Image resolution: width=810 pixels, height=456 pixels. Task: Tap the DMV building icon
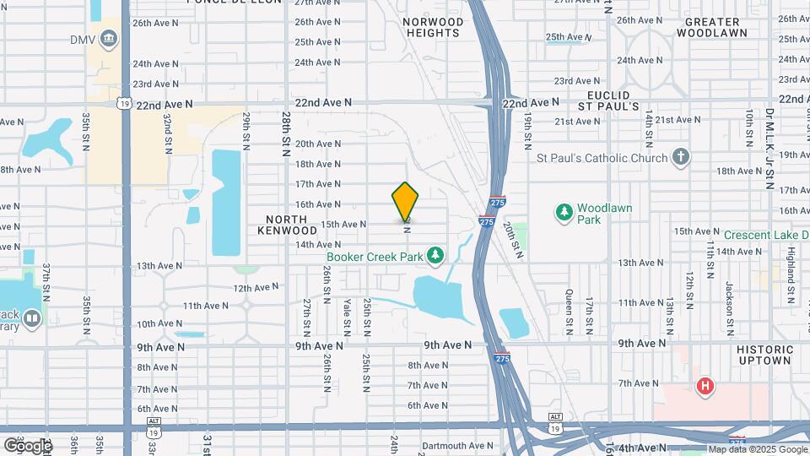pyautogui.click(x=109, y=39)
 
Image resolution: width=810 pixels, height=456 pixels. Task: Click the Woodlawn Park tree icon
pyautogui.click(x=563, y=210)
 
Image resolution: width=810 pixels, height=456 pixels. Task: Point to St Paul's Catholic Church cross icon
pyautogui.click(x=681, y=157)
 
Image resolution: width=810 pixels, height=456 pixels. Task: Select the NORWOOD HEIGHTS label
pyautogui.click(x=432, y=27)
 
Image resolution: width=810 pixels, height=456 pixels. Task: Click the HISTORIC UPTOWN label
pyautogui.click(x=764, y=355)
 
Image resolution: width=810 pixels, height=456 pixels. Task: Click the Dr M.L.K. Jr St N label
pyautogui.click(x=769, y=148)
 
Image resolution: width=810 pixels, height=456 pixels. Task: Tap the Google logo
pyautogui.click(x=28, y=445)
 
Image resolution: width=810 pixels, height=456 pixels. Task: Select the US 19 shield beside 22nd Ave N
pyautogui.click(x=125, y=104)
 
